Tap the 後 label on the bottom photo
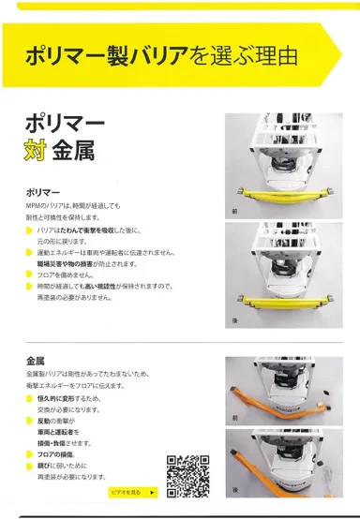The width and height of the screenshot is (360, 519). (x=234, y=488)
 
